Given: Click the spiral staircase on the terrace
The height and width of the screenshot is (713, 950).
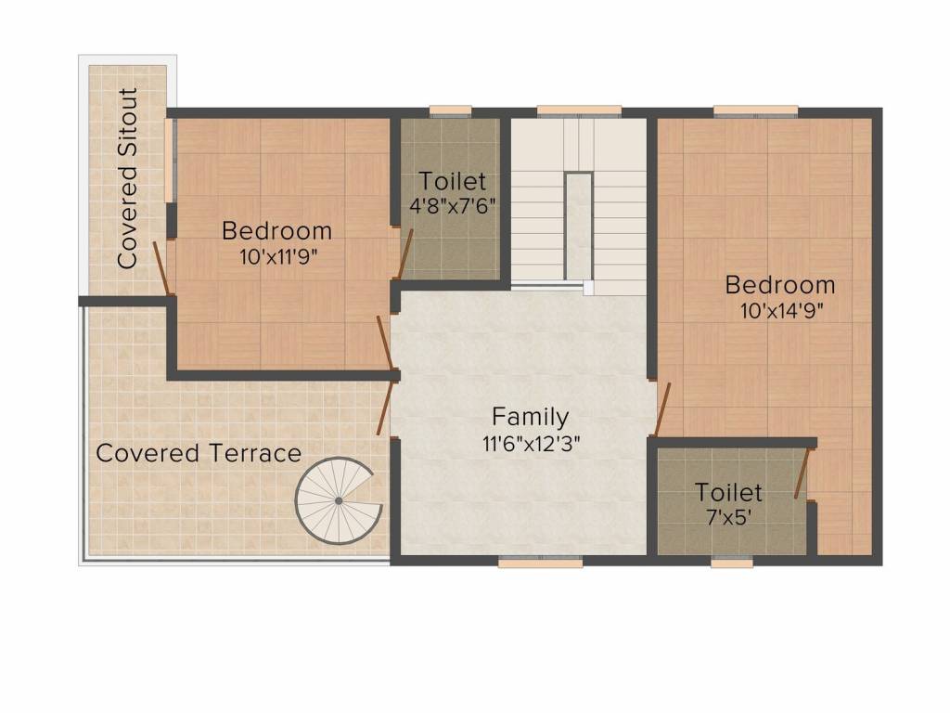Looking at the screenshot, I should pyautogui.click(x=337, y=500).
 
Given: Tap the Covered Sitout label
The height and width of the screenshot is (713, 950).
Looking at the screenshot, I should pyautogui.click(x=128, y=178).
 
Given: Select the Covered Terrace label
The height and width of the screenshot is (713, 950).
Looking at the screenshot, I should pyautogui.click(x=199, y=453).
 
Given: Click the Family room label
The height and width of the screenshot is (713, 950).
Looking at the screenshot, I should pyautogui.click(x=530, y=416).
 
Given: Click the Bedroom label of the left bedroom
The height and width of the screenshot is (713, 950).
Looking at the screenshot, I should pyautogui.click(x=276, y=230).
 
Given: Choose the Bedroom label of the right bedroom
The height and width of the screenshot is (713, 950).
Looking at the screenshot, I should pyautogui.click(x=779, y=284).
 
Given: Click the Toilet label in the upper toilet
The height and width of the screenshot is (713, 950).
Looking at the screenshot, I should pyautogui.click(x=451, y=181).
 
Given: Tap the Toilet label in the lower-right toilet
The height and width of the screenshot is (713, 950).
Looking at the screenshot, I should pyautogui.click(x=729, y=492).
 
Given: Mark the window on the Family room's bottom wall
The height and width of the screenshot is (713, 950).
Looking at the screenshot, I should pyautogui.click(x=540, y=562).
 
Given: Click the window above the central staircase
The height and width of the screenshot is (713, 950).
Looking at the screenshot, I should pyautogui.click(x=579, y=111).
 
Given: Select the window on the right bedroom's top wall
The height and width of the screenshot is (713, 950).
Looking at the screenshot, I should pyautogui.click(x=755, y=111).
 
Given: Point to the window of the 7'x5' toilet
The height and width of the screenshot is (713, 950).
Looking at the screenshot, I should pyautogui.click(x=732, y=562).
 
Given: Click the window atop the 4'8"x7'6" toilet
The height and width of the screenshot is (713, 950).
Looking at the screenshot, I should pyautogui.click(x=450, y=111).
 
